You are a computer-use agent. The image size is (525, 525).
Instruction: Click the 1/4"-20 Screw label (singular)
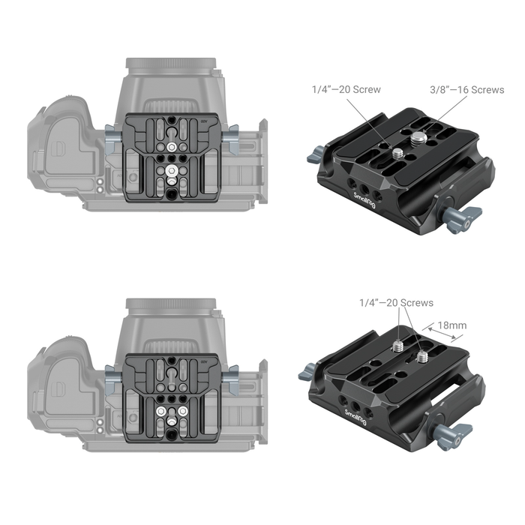(346, 90)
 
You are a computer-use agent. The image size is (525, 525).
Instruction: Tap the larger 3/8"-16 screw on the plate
(417, 137)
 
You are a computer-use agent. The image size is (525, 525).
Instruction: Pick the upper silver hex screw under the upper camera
(172, 147)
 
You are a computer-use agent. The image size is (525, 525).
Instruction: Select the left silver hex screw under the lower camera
(161, 412)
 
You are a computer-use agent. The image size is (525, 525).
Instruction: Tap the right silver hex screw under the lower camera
(182, 412)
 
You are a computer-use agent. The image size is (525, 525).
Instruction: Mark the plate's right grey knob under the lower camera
(232, 375)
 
